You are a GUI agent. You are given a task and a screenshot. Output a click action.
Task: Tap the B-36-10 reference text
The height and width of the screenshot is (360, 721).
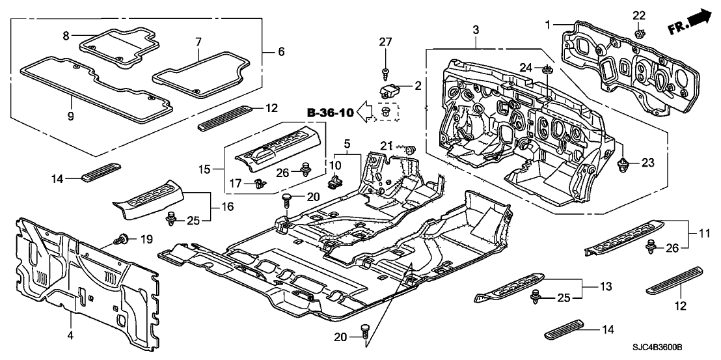331,113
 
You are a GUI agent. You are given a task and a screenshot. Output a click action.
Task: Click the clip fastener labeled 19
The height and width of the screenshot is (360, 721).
121,240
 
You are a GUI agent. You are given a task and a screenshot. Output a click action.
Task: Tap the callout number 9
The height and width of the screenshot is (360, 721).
71,117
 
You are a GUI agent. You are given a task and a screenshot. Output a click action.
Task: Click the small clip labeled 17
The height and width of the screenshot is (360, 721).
262,185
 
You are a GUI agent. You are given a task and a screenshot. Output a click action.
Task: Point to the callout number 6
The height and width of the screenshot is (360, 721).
281,51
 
